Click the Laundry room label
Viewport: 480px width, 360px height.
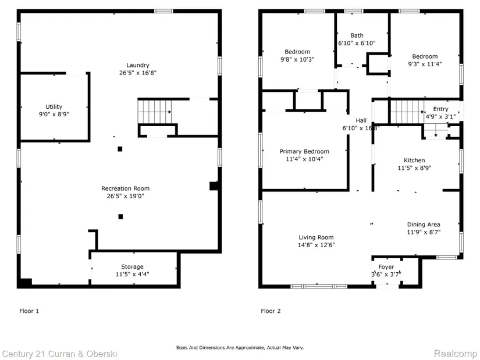coord(138,65)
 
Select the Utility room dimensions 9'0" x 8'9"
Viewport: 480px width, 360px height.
coord(54,115)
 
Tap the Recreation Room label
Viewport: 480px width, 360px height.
coord(126,188)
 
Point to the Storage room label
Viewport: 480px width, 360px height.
coord(132,266)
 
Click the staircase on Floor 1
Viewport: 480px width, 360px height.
coord(155,112)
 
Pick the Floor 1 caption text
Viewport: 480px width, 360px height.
coord(29,311)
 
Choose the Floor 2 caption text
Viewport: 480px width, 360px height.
coord(271,311)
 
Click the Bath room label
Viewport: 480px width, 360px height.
coord(357,35)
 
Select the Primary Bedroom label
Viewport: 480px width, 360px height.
coord(304,152)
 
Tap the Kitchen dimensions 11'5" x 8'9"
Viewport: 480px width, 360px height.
coord(414,168)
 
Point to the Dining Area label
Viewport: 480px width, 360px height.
coord(424,224)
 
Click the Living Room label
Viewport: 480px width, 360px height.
coord(317,237)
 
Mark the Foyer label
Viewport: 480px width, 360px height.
coord(386,267)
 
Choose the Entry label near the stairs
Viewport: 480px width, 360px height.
coord(441,109)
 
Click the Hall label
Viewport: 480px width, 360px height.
coord(361,120)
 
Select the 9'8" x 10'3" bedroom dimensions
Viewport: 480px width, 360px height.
coord(297,59)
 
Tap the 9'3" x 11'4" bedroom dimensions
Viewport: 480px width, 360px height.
coord(425,64)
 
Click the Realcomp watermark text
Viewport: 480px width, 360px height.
coord(456,354)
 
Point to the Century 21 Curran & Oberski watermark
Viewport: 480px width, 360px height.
coord(60,354)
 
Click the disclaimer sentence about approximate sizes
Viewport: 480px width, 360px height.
coord(240,348)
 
